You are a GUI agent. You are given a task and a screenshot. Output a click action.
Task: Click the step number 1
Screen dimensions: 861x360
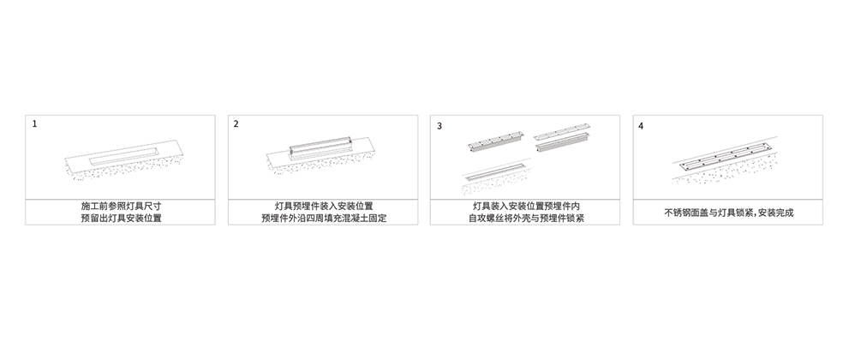(34, 124)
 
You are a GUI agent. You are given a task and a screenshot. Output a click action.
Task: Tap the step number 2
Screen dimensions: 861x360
(236, 124)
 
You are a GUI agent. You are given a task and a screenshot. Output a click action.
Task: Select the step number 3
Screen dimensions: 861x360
(439, 126)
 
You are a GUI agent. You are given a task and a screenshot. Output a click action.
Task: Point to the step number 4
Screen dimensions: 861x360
(641, 126)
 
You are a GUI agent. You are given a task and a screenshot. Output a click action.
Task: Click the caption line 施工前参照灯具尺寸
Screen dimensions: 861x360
(121, 206)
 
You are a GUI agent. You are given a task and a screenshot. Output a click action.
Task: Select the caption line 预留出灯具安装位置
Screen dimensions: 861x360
(121, 219)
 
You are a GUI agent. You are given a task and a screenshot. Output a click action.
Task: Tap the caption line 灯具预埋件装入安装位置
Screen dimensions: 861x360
(324, 206)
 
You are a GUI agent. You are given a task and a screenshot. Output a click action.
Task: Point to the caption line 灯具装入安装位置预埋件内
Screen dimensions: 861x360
(526, 206)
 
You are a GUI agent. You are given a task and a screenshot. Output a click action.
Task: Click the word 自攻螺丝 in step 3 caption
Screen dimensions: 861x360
(486, 219)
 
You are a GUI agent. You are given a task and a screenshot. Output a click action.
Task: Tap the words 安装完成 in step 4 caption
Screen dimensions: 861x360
(775, 213)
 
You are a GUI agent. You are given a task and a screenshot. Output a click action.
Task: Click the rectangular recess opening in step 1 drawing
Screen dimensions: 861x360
(124, 155)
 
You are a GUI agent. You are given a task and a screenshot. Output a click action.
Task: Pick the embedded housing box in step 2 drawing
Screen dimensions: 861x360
(320, 147)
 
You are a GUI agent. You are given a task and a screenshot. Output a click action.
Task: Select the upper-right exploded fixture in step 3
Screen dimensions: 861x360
(562, 140)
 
